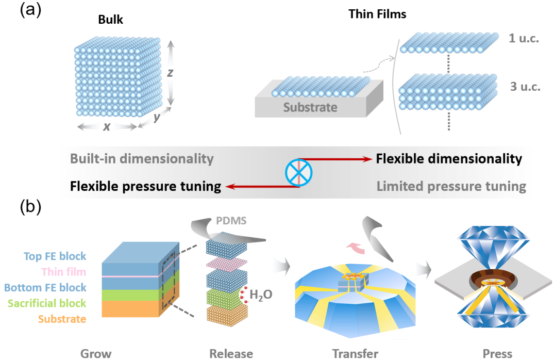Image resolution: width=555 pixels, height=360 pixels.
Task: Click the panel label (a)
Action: click(30, 10)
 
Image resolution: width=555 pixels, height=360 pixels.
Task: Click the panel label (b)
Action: click(30, 207)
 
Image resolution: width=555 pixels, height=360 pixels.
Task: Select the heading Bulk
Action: click(110, 20)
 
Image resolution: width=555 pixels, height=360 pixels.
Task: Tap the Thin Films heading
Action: click(377, 14)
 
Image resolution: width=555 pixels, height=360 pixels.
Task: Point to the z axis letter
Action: click(170, 73)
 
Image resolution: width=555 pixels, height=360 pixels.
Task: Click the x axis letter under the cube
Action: click(107, 126)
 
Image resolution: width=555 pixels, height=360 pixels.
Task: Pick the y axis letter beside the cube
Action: click(157, 117)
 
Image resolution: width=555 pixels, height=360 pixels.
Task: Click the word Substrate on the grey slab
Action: click(310, 107)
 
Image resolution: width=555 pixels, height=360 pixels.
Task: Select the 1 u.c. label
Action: click(524, 38)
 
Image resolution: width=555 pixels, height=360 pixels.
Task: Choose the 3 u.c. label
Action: click(525, 87)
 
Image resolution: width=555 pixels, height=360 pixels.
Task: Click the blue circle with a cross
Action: click(299, 173)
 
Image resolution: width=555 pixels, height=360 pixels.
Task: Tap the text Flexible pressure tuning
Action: click(145, 186)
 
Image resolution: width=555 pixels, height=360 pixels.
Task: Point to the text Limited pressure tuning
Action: click(451, 186)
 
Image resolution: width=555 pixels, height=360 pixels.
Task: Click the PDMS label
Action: click(231, 221)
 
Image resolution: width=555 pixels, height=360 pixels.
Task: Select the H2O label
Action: click(261, 295)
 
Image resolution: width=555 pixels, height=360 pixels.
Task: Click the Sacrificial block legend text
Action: click(47, 303)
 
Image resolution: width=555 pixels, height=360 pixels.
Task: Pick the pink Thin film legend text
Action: click(64, 272)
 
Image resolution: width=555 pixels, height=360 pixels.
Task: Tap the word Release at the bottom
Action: click(231, 354)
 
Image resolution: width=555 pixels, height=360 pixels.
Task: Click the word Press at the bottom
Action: click(497, 354)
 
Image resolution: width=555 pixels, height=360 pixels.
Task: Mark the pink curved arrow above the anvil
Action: click(355, 248)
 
